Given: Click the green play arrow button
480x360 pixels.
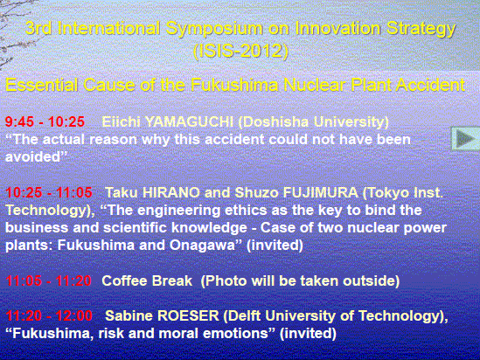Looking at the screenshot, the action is click(x=465, y=139).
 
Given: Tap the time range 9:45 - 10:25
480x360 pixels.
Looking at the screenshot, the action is click(x=45, y=121).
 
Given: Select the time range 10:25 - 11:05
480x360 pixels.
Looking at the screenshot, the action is click(x=49, y=193).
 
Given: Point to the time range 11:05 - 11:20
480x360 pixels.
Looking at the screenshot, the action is click(x=48, y=280).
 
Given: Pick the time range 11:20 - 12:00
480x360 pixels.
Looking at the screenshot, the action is click(x=49, y=315).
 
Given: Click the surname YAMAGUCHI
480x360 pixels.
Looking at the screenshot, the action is click(x=189, y=121).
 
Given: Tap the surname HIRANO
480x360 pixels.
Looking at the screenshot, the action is click(x=171, y=193).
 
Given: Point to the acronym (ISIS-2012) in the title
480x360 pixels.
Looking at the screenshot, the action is click(x=241, y=51).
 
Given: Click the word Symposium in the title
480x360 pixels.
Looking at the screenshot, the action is click(x=214, y=29).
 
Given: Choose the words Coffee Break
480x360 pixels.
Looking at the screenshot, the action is click(x=147, y=280).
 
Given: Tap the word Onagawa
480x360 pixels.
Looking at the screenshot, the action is click(x=202, y=246).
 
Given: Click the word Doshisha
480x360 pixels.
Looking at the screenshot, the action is click(x=273, y=121).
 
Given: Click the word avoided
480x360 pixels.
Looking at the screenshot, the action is click(x=32, y=157).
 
